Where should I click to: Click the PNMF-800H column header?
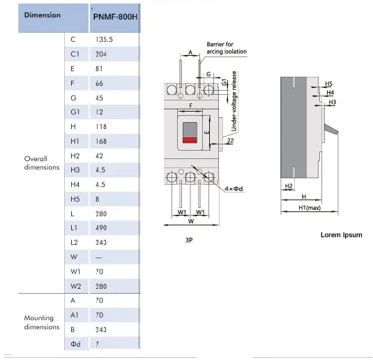pos(115,17)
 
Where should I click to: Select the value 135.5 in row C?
pos(104,40)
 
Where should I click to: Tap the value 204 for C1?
pos(101,54)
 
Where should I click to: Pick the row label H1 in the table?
pos(75,141)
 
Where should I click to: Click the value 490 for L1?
pos(101,228)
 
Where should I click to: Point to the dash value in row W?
pos(99,257)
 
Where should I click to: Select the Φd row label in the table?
pos(75,344)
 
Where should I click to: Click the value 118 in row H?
pos(101,127)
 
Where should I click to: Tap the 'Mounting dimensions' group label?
pos(42,322)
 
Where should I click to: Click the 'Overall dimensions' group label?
pos(42,163)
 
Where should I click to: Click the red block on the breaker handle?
pos(190,140)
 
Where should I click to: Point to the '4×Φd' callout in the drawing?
pos(234,189)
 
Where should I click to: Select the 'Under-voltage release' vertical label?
pos(234,101)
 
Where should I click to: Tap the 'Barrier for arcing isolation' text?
pos(227,48)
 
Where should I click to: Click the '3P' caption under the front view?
pos(189,240)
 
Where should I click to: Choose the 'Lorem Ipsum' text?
pos(342,235)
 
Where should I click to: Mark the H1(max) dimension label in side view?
pos(310,208)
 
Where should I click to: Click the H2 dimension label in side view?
pos(289,186)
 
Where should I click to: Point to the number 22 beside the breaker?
pos(230,141)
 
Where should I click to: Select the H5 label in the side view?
pos(328,84)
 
